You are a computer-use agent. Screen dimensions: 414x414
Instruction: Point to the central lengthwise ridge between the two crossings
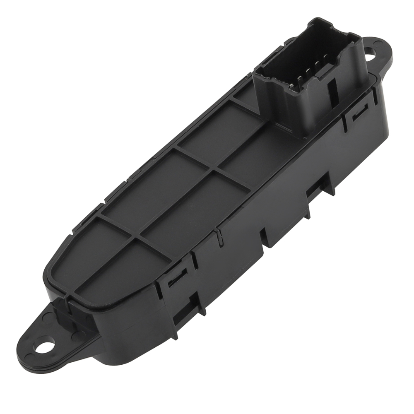[174, 203]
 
